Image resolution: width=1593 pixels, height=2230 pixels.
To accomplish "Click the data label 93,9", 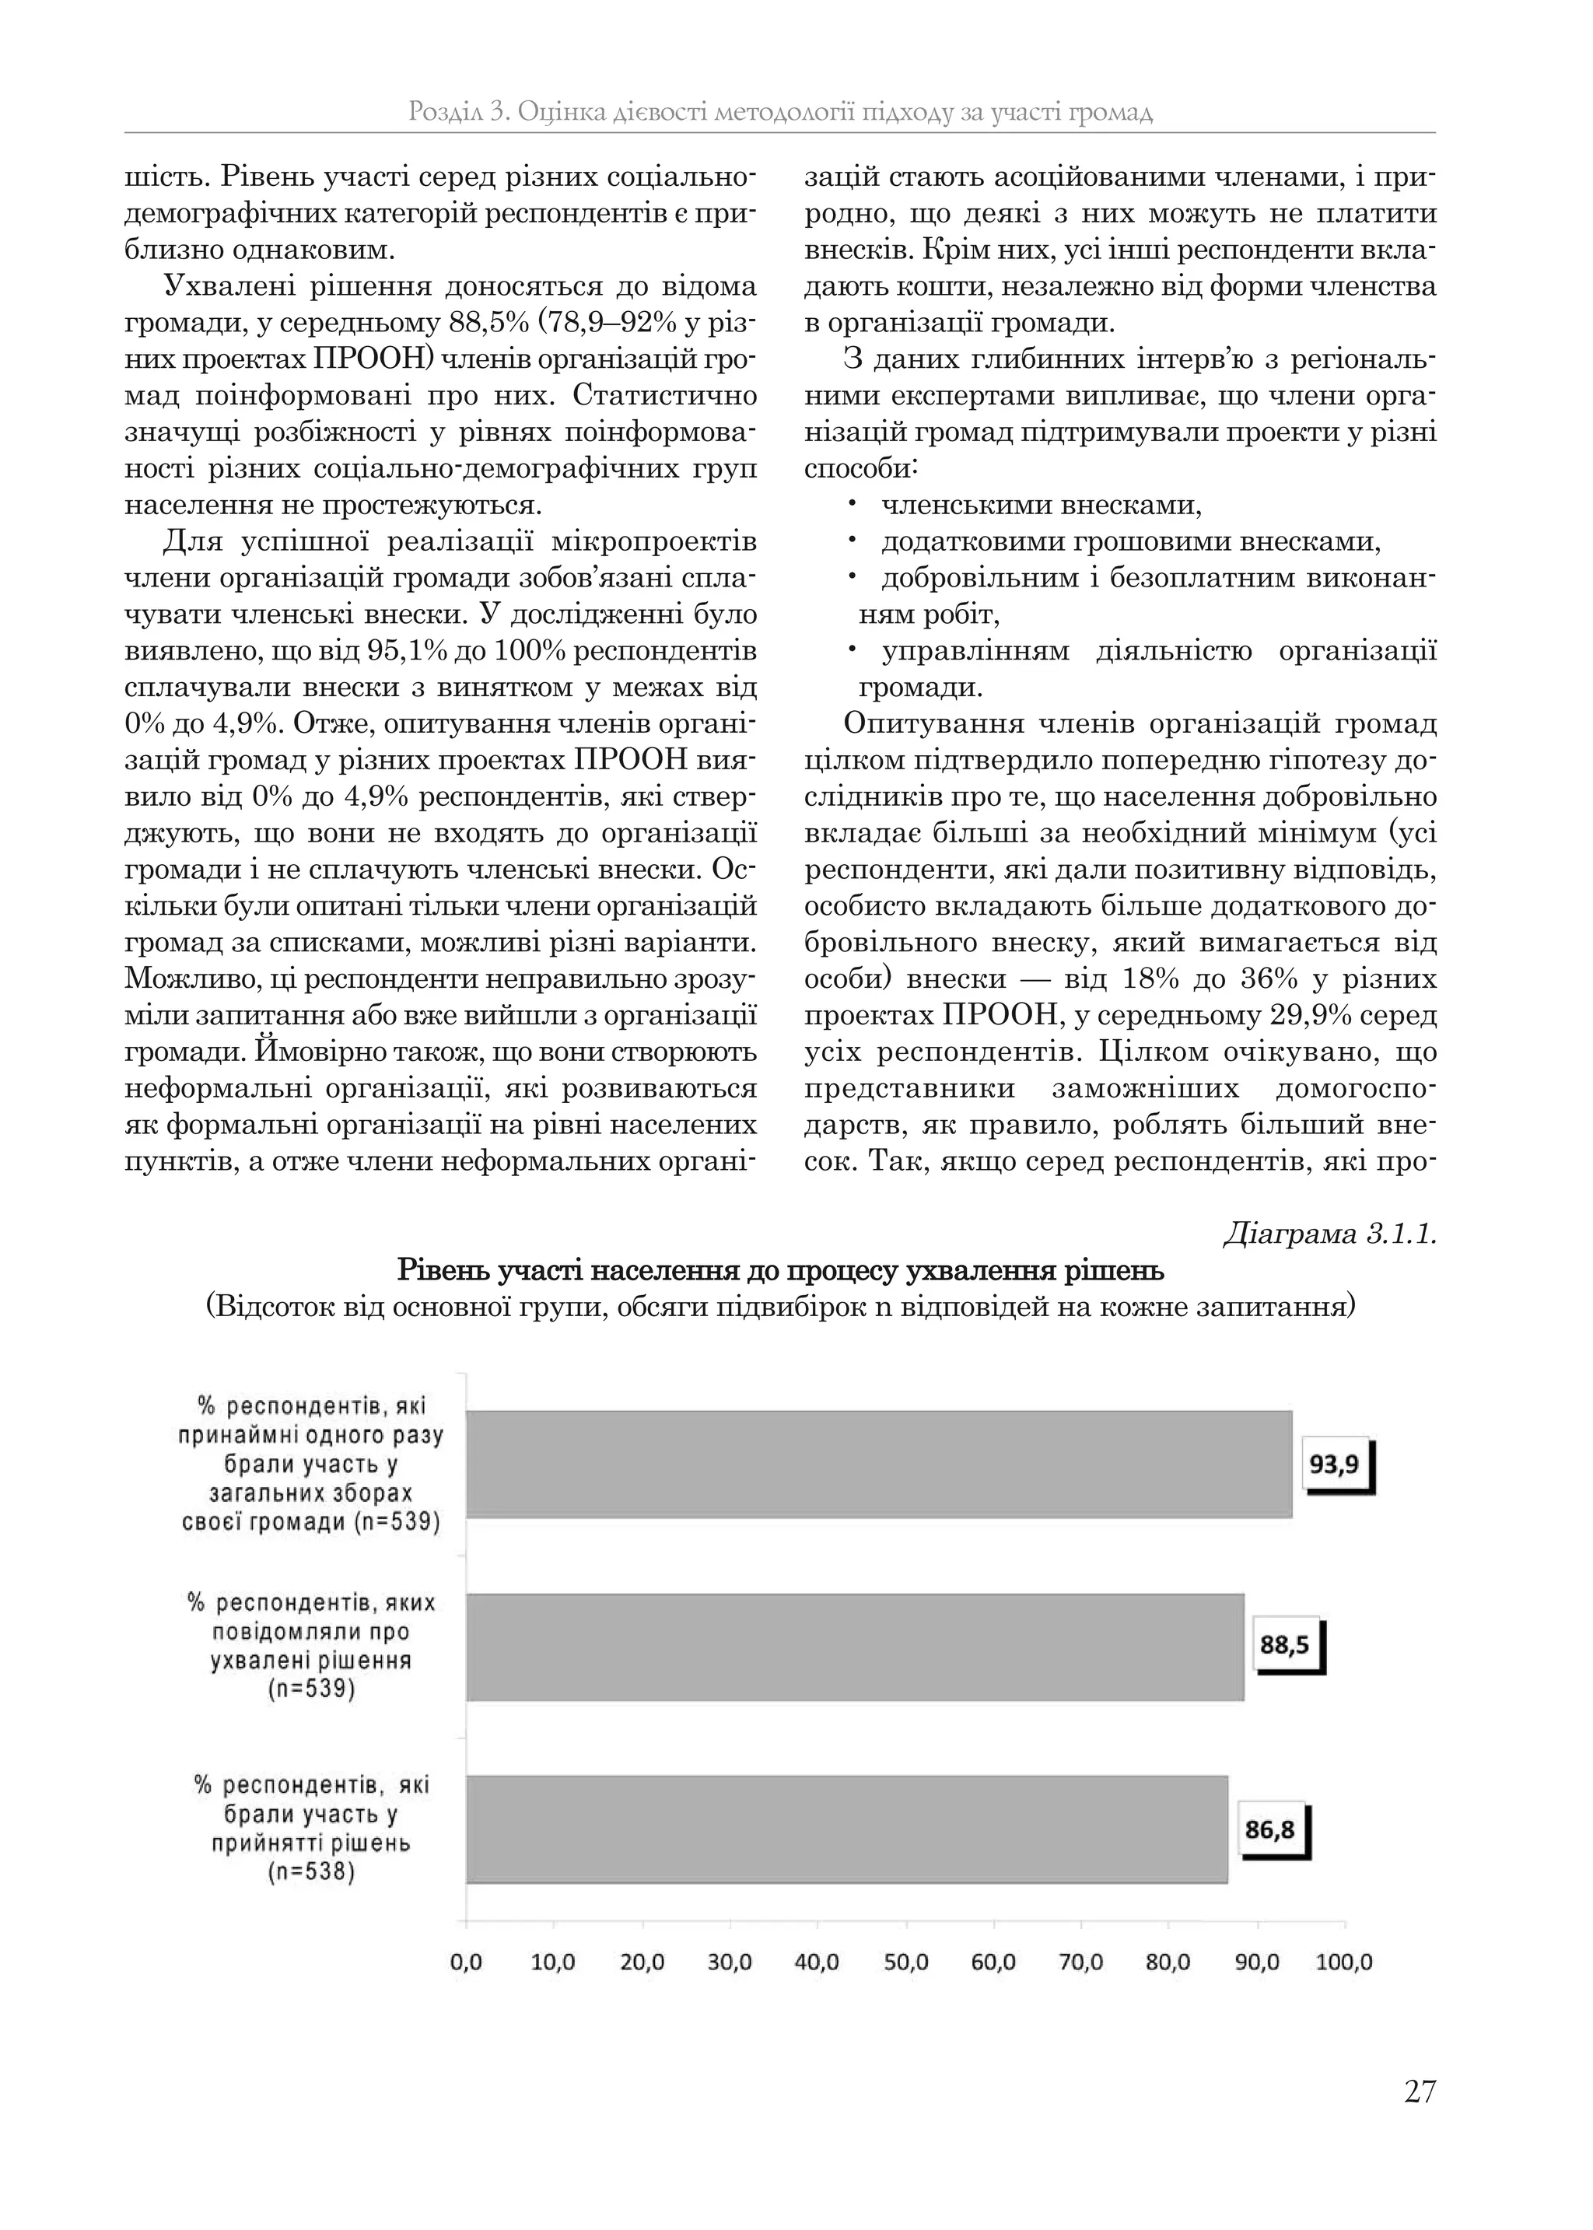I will click(x=1334, y=1464).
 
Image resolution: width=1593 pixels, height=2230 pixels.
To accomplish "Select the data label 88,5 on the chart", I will click(x=1285, y=1644).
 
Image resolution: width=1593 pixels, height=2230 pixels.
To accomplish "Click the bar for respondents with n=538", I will click(x=846, y=1829).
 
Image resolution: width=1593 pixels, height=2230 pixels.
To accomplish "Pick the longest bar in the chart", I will click(x=878, y=1464).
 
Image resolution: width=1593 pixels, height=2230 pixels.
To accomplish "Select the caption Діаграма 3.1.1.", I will click(x=1329, y=1234).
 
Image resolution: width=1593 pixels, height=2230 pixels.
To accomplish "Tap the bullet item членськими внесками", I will click(x=1040, y=506).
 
